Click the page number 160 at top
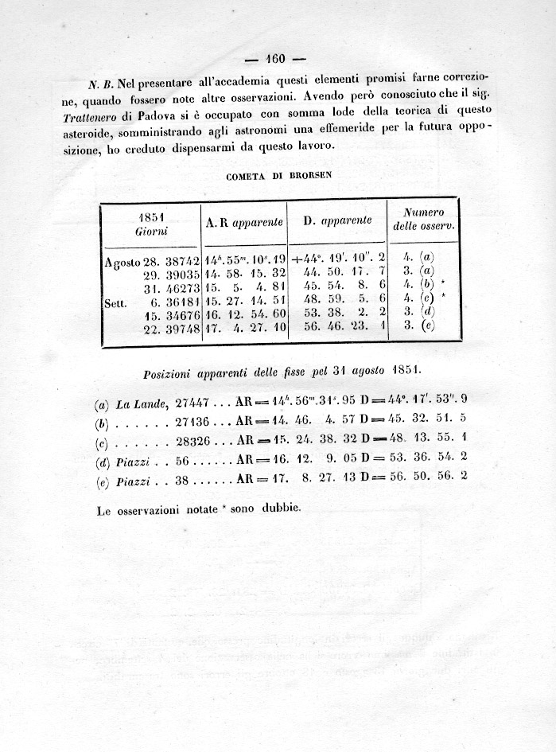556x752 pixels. click(276, 58)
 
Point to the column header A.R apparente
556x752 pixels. click(243, 222)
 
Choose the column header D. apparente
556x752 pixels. click(337, 220)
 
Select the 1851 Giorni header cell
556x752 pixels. click(151, 223)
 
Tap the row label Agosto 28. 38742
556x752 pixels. click(151, 260)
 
